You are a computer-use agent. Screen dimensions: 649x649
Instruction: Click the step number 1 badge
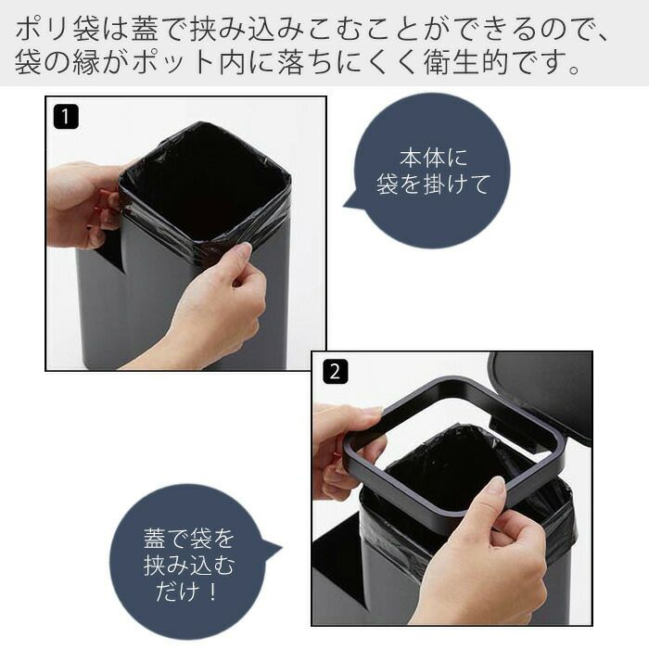pos(66,117)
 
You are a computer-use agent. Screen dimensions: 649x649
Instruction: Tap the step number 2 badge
pos(335,371)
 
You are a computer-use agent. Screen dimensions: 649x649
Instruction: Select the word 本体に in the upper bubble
pos(433,158)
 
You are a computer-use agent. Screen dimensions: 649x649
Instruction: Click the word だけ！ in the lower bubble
pos(186,591)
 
